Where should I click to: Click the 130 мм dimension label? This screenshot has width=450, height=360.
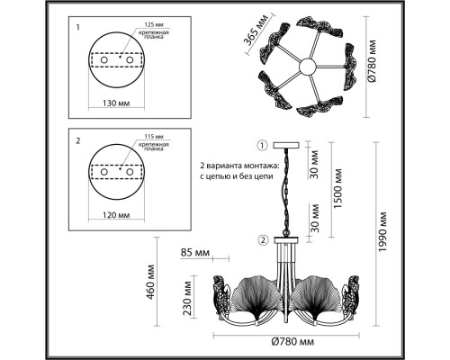tap(116, 103)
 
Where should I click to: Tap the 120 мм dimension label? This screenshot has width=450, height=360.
tap(116, 215)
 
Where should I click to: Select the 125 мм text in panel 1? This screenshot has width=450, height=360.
tap(154, 24)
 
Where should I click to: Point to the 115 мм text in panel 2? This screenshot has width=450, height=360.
tap(154, 137)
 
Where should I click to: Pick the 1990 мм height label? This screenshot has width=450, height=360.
tap(382, 232)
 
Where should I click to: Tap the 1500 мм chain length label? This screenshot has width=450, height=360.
tap(337, 188)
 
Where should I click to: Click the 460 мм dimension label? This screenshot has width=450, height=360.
tap(151, 282)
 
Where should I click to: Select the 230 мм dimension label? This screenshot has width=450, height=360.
tap(187, 298)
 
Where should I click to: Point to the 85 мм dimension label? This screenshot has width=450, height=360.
tap(195, 253)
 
